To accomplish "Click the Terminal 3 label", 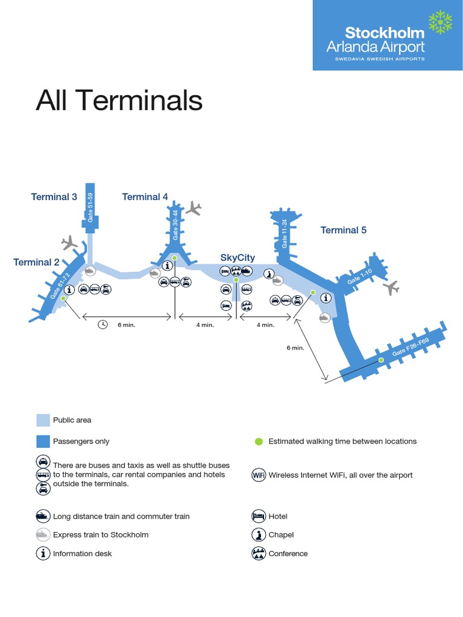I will (x=54, y=197).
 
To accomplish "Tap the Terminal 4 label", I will (x=145, y=197).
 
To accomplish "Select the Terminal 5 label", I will (x=344, y=230).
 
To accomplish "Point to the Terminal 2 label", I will (x=36, y=262).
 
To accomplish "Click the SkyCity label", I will (x=238, y=258).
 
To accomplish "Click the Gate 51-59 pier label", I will (x=91, y=206).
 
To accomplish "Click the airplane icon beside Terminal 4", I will (x=194, y=208).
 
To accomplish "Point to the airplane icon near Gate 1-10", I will (x=392, y=287).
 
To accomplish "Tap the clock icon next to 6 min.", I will (x=103, y=325).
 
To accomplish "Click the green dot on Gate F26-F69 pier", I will (x=381, y=360).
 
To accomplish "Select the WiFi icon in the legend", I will (x=259, y=475).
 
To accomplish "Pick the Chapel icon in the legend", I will (x=259, y=534).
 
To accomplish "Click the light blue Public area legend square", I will (x=43, y=420).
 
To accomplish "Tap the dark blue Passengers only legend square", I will (x=43, y=441).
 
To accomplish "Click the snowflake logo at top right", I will (x=441, y=22).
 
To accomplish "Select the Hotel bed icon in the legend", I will (x=259, y=516).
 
